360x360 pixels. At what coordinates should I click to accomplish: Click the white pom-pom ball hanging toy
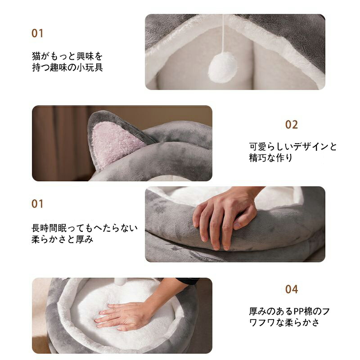click(222, 67)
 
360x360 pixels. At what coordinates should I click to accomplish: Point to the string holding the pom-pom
click(223, 33)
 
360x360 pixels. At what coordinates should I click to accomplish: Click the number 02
click(291, 125)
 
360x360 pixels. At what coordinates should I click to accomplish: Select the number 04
click(292, 289)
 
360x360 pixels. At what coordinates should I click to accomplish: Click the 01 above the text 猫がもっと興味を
click(37, 33)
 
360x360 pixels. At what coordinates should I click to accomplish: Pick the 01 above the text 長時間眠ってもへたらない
click(37, 204)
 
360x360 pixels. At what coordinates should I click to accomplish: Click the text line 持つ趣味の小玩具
click(67, 67)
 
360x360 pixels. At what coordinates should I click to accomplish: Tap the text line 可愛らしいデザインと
click(293, 147)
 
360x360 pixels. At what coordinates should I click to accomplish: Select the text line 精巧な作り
click(271, 158)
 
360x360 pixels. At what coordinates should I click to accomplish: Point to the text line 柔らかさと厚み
click(63, 239)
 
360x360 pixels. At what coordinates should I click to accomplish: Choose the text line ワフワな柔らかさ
click(284, 323)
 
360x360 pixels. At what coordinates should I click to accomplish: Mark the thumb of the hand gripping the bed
click(245, 218)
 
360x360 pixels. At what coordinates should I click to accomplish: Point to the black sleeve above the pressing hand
click(187, 281)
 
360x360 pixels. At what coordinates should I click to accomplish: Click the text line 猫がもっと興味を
click(67, 56)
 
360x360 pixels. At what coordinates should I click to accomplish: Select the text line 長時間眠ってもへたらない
click(85, 228)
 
